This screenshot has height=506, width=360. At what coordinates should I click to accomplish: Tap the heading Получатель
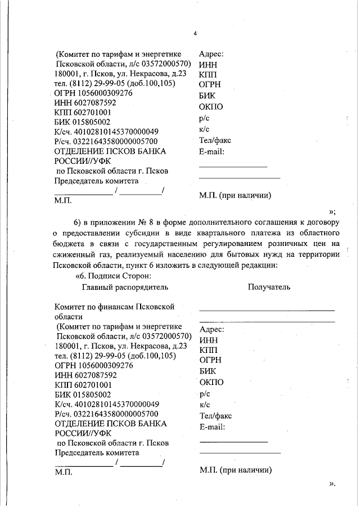(x=269, y=286)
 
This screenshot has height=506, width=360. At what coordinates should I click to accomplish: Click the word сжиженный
(x=75, y=254)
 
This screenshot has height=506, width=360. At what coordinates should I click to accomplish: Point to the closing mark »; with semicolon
(x=332, y=211)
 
